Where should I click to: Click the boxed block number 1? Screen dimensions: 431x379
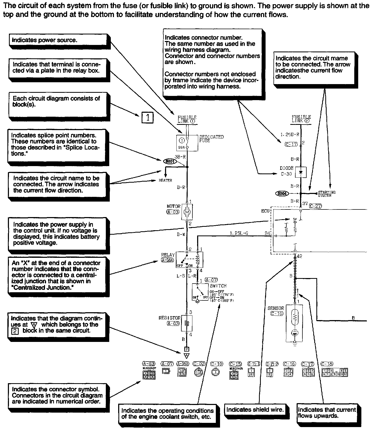pos(147,117)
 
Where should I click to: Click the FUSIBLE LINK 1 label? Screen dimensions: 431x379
pos(187,119)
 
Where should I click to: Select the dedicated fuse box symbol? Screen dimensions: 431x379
pos(187,143)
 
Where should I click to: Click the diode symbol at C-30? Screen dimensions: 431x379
pos(301,172)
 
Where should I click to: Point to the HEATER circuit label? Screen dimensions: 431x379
pos(165,180)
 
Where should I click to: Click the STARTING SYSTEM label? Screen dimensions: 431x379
pos(327,194)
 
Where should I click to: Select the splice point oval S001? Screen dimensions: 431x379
pos(170,161)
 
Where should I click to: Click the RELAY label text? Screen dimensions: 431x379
pos(168,255)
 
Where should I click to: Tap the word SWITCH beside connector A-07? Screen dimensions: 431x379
pos(218,286)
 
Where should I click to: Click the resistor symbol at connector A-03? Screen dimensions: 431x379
pos(187,323)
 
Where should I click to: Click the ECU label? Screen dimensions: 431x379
pos(265,211)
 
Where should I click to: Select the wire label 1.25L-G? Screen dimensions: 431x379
pos(239,233)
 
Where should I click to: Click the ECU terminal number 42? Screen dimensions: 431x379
pos(299,256)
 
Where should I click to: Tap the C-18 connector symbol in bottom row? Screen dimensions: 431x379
pos(335,372)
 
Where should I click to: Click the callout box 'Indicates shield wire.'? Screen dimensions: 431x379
pos(255,409)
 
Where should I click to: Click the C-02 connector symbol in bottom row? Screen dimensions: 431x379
pos(199,372)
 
